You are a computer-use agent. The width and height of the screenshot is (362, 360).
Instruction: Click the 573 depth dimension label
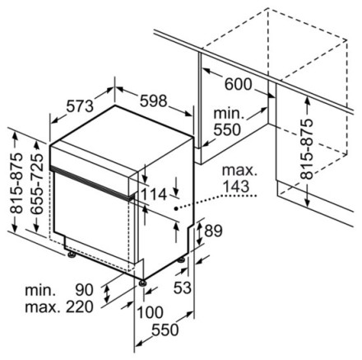point(81,105)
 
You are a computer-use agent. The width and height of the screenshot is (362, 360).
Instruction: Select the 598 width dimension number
point(153,101)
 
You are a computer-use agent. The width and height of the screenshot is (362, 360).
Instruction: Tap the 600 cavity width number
point(238,84)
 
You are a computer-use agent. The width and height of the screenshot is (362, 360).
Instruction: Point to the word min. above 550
point(229,113)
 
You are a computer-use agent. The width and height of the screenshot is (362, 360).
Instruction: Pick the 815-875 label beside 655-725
point(16,183)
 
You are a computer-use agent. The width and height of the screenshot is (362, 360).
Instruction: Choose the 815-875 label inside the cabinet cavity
point(306,149)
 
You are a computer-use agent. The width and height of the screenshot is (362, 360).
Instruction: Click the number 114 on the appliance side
point(154,194)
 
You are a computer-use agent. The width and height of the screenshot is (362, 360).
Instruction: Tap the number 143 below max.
point(236,186)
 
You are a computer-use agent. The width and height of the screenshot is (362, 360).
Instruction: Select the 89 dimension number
point(213,231)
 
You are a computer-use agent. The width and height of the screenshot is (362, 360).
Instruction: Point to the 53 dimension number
point(182,288)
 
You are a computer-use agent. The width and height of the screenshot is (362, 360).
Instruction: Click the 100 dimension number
point(150,312)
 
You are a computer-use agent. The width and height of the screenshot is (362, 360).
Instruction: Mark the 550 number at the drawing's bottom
point(165,330)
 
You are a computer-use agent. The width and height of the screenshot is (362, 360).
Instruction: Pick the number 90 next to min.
point(85,290)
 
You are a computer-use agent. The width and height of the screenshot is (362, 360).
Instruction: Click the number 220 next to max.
point(80,306)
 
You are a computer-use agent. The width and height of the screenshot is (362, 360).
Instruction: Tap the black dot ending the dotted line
point(176,209)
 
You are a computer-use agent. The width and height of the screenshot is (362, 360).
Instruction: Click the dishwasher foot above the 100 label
point(142,283)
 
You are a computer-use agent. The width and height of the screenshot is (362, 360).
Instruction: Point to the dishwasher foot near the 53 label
point(181,259)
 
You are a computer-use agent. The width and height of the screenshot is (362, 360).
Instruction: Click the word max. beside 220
point(42,308)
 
